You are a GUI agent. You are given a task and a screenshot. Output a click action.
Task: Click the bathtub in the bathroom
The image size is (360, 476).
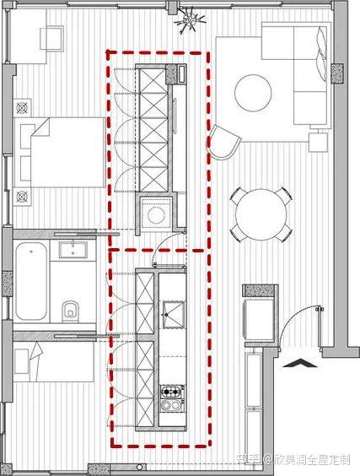(x=31, y=281)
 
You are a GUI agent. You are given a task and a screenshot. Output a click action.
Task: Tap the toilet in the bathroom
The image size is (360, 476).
(x=70, y=311)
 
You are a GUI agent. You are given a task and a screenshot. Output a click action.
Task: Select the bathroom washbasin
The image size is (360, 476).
(x=73, y=250)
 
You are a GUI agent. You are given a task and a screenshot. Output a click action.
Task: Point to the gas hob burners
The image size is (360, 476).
(x=172, y=392)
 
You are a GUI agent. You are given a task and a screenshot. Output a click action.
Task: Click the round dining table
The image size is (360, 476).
(x=261, y=214)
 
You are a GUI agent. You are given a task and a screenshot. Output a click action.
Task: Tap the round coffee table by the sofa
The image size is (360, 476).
(x=253, y=93)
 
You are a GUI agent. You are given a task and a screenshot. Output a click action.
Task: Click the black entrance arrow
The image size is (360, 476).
(x=299, y=363)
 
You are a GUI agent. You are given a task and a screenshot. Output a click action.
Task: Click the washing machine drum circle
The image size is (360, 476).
(x=156, y=215)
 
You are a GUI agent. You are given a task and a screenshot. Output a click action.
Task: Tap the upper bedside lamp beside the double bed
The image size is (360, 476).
(x=22, y=108)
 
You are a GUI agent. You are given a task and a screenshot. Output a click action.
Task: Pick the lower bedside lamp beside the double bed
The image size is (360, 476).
(x=22, y=197)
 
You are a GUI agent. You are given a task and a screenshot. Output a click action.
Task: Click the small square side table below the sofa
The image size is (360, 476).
(x=318, y=143)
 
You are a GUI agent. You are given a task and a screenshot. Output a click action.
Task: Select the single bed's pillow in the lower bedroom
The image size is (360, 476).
(x=22, y=361)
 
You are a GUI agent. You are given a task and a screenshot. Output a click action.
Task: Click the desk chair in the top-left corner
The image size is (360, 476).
(x=52, y=38)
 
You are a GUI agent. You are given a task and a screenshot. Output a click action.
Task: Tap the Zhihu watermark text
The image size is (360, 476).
(x=293, y=459)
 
